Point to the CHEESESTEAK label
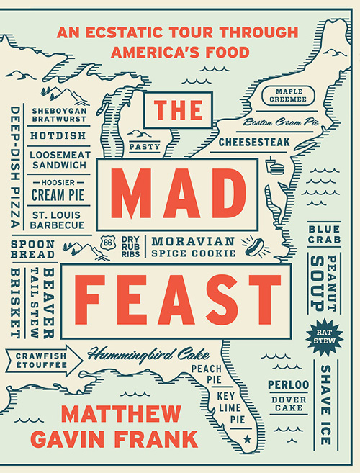[x=253, y=141]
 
